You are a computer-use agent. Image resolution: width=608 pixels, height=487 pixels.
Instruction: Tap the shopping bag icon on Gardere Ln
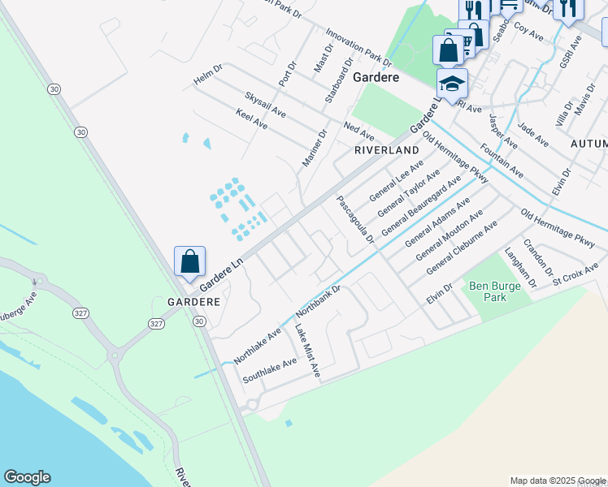[x=189, y=262]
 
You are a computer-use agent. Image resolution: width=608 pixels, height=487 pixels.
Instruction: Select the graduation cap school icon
[x=452, y=84]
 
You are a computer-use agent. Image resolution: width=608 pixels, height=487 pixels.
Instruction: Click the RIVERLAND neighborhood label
[x=386, y=150]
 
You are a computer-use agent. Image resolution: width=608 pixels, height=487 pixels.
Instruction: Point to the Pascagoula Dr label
[x=355, y=219]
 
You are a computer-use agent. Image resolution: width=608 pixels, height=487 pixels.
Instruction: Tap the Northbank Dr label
[x=317, y=301]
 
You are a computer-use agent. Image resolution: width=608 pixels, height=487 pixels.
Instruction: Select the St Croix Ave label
[x=574, y=273]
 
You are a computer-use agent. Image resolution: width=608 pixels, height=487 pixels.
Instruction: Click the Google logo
[x=27, y=477]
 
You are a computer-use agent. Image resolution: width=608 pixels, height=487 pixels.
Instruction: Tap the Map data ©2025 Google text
[x=557, y=481]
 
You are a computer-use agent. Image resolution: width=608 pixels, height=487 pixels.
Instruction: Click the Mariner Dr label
[x=314, y=149]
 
